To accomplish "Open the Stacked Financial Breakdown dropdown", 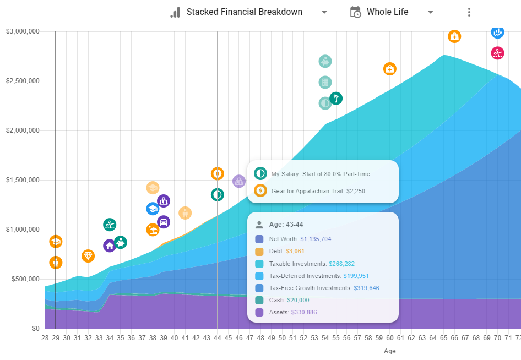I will (x=258, y=12).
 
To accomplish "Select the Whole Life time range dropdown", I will (x=400, y=12).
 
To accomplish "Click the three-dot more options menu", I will (x=469, y=12).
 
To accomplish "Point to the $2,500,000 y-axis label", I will (x=23, y=81).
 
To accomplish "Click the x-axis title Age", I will (x=389, y=351).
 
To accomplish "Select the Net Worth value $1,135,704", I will (x=323, y=239).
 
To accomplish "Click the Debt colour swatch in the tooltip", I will (x=259, y=252).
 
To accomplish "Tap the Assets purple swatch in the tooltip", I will (x=259, y=312).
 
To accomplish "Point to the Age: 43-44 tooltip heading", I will (x=286, y=225).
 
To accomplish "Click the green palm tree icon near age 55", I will (x=335, y=99).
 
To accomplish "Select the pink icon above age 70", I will (x=497, y=53).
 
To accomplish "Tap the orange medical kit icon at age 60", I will (x=389, y=69).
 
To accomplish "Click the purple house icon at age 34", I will (x=110, y=246).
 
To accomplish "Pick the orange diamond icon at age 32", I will (x=88, y=256).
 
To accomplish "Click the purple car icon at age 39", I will (x=164, y=222).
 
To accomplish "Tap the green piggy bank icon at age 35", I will (x=121, y=242).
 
